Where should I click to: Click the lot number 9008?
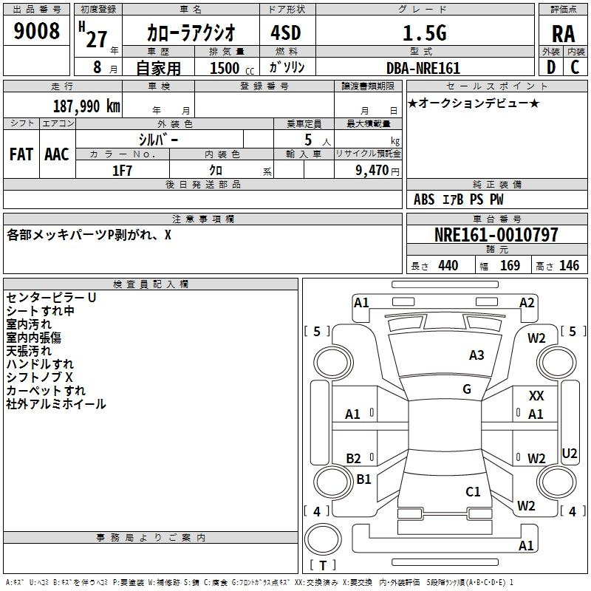coord(36,30)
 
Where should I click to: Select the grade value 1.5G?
coord(425,33)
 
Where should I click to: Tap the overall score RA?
coord(564,34)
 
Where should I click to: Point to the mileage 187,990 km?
coord(86,106)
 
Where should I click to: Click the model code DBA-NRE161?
coord(423,68)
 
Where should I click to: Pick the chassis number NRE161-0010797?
coord(496,235)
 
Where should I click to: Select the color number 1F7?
coord(122,171)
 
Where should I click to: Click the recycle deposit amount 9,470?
coord(372,170)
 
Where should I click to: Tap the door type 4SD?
coord(286,33)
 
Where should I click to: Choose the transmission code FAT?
coord(21,154)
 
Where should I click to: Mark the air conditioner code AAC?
coord(57,154)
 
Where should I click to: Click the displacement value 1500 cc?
coord(232,68)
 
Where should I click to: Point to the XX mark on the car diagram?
coord(536,396)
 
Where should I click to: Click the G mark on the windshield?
coord(467,389)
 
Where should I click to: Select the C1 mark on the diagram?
coord(473,491)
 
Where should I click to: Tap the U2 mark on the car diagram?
coord(569,453)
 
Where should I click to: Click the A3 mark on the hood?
coord(476,355)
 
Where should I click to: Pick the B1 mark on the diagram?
coord(363,479)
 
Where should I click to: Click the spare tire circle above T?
coord(323,539)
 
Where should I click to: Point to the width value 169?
coord(510,265)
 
